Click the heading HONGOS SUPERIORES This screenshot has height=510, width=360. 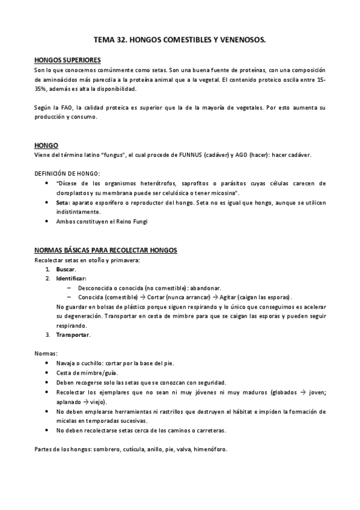[x=67, y=60]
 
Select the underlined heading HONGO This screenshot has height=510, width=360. [x=46, y=146]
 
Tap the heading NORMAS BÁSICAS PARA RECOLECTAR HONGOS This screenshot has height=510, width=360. [x=105, y=250]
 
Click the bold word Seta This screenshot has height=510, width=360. [x=63, y=203]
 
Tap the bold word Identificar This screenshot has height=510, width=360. [x=71, y=279]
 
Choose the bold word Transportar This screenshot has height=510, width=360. [x=73, y=334]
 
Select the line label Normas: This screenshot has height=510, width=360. [x=46, y=354]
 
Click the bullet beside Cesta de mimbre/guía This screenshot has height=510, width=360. [x=47, y=373]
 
